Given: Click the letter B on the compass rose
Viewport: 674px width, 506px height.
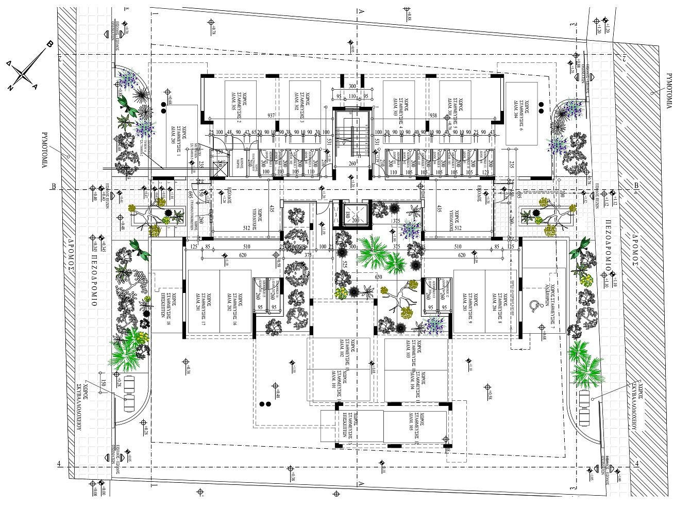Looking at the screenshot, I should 49,44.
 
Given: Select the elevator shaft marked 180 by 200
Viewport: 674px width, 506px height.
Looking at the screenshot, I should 355,215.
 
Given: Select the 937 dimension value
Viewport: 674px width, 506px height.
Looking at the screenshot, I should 271,116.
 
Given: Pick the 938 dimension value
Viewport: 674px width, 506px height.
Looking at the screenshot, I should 433,116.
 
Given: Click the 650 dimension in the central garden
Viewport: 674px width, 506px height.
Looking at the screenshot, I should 378,277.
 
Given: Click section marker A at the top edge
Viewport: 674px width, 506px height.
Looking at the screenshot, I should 362,10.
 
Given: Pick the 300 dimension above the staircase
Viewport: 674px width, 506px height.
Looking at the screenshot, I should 352,86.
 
